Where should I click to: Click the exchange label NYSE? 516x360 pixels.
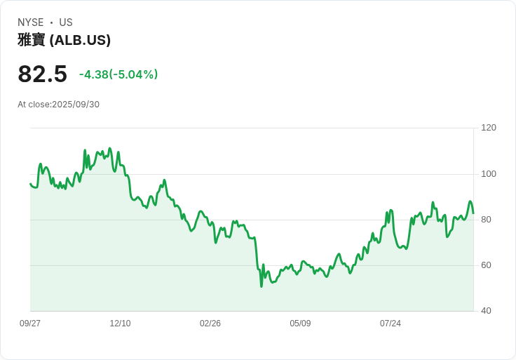click(31, 22)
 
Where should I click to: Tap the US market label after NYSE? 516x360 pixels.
click(66, 22)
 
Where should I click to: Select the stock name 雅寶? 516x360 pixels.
click(32, 40)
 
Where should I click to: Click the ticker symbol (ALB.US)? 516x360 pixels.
click(80, 40)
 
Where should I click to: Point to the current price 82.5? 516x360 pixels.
click(42, 74)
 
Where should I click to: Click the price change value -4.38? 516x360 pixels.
click(93, 74)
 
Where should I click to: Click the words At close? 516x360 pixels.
click(34, 105)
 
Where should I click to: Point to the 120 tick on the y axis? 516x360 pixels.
click(489, 128)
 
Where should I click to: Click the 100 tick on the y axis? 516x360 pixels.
click(489, 174)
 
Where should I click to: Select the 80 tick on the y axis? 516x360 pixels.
click(487, 220)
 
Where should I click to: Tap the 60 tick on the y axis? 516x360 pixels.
click(487, 265)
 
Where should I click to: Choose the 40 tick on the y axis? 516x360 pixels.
click(487, 311)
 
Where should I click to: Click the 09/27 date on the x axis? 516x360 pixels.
click(30, 324)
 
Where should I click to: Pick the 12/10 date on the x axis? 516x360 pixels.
click(120, 324)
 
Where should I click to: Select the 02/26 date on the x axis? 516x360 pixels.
click(210, 324)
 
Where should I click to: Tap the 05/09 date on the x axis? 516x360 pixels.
click(300, 324)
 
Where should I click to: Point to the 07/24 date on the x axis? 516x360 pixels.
click(391, 324)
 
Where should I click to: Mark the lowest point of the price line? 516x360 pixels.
click(262, 286)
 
